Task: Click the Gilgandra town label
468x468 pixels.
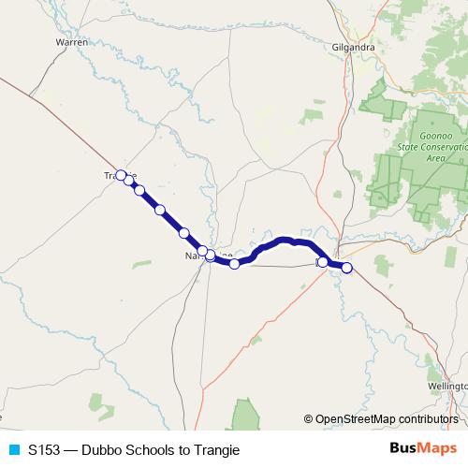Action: coord(354,47)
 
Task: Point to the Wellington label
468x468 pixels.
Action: coord(446,385)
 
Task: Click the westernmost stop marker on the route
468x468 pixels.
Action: coord(121,174)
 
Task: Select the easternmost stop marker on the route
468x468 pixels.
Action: coord(346,268)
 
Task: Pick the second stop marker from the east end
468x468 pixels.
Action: coord(323,262)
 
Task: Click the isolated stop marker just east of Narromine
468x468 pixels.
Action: coord(234,264)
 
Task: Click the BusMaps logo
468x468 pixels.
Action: coord(423,448)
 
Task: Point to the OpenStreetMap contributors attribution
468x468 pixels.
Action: coord(381,418)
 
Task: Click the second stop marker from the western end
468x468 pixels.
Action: coord(129,181)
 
